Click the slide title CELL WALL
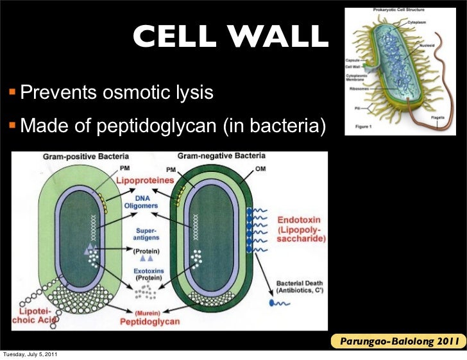tap(230, 38)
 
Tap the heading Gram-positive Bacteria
tap(85, 157)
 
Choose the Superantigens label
tap(147, 234)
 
